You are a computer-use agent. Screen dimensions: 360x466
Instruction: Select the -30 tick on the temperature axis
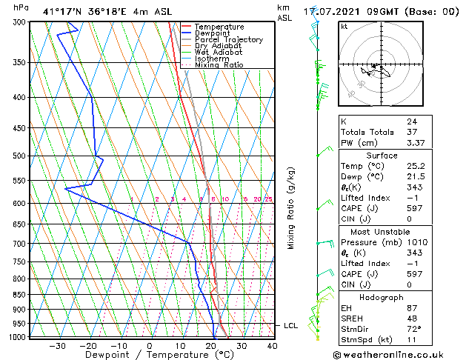click(57, 346)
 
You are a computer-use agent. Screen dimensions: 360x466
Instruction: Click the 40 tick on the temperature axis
click(272, 346)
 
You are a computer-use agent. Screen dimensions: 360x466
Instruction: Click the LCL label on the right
click(291, 325)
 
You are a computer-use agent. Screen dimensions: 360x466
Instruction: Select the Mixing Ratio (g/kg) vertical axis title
click(291, 208)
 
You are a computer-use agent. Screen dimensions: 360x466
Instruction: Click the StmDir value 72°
click(414, 329)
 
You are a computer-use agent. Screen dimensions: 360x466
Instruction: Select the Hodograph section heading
click(382, 297)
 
